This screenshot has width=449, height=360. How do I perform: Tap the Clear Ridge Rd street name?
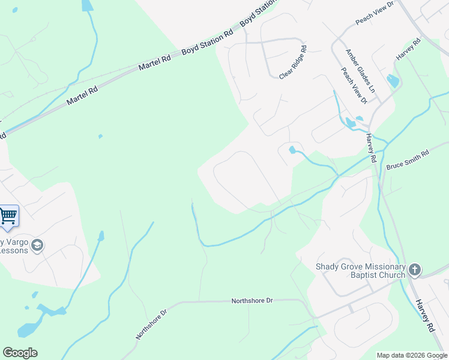click(x=293, y=63)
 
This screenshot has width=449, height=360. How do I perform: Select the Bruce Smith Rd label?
click(x=408, y=159)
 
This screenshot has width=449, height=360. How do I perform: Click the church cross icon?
click(x=415, y=270)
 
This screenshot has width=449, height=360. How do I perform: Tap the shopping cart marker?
click(x=8, y=215)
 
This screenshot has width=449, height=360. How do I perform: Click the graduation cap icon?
click(x=37, y=245)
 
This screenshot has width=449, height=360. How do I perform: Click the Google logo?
click(x=20, y=353)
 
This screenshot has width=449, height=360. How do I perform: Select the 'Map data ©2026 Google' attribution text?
click(x=412, y=355)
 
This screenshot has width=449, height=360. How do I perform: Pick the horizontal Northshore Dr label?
click(x=252, y=299)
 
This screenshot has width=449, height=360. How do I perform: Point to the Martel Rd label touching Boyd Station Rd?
click(x=154, y=60)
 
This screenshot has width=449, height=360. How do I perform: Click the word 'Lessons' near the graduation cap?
click(x=14, y=250)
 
